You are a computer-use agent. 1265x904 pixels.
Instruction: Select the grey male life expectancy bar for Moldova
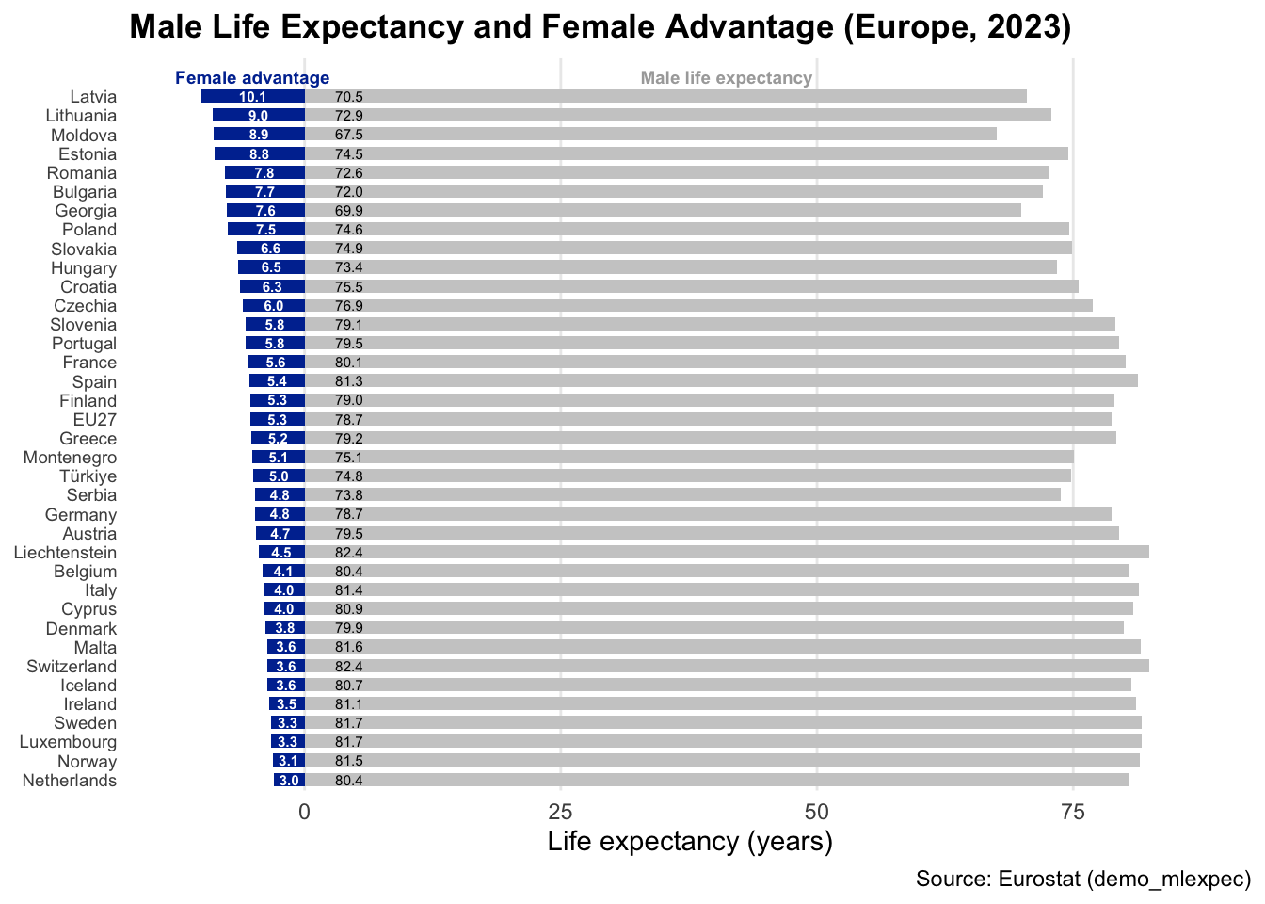click(659, 135)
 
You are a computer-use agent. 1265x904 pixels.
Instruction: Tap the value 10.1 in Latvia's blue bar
click(252, 96)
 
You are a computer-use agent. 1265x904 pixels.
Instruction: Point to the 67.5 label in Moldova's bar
click(349, 135)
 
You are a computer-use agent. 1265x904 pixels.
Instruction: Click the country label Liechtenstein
click(65, 553)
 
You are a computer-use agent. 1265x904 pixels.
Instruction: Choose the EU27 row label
click(95, 420)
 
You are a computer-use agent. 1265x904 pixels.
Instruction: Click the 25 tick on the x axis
click(561, 811)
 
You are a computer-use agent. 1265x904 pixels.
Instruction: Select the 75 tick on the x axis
click(1073, 811)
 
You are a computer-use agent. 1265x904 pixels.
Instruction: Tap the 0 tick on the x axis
click(304, 811)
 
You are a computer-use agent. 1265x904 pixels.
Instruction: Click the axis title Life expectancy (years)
click(690, 841)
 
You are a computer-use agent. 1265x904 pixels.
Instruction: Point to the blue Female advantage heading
click(252, 78)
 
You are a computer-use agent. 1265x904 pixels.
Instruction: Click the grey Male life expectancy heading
click(726, 78)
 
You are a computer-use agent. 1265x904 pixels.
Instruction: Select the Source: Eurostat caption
click(1082, 880)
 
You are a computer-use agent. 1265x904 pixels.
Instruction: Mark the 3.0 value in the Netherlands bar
click(290, 781)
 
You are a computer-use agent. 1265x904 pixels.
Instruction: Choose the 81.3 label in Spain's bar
click(349, 381)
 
